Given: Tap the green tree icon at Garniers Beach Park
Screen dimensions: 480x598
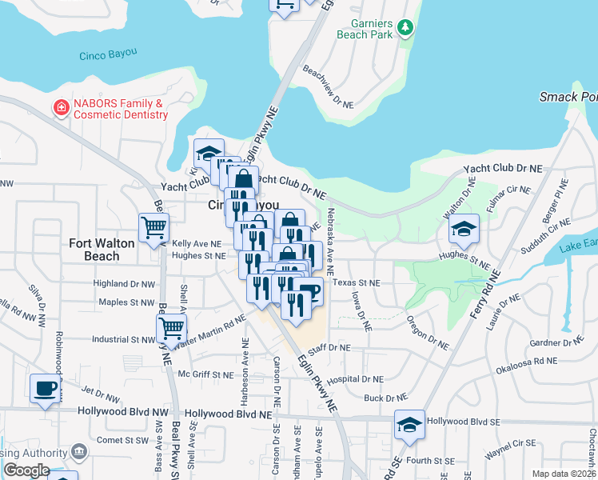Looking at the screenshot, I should [x=406, y=29].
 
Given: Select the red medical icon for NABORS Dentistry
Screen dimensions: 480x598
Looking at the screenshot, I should [x=61, y=107].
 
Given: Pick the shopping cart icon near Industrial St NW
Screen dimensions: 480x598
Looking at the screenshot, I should [x=171, y=327].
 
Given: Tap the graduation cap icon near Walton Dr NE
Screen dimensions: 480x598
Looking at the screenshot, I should [x=464, y=229].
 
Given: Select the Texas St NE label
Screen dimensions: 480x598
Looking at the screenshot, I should [x=357, y=283].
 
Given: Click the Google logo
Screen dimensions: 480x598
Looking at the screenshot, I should [x=26, y=470].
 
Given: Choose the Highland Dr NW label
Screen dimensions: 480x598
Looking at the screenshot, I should [x=123, y=284].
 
